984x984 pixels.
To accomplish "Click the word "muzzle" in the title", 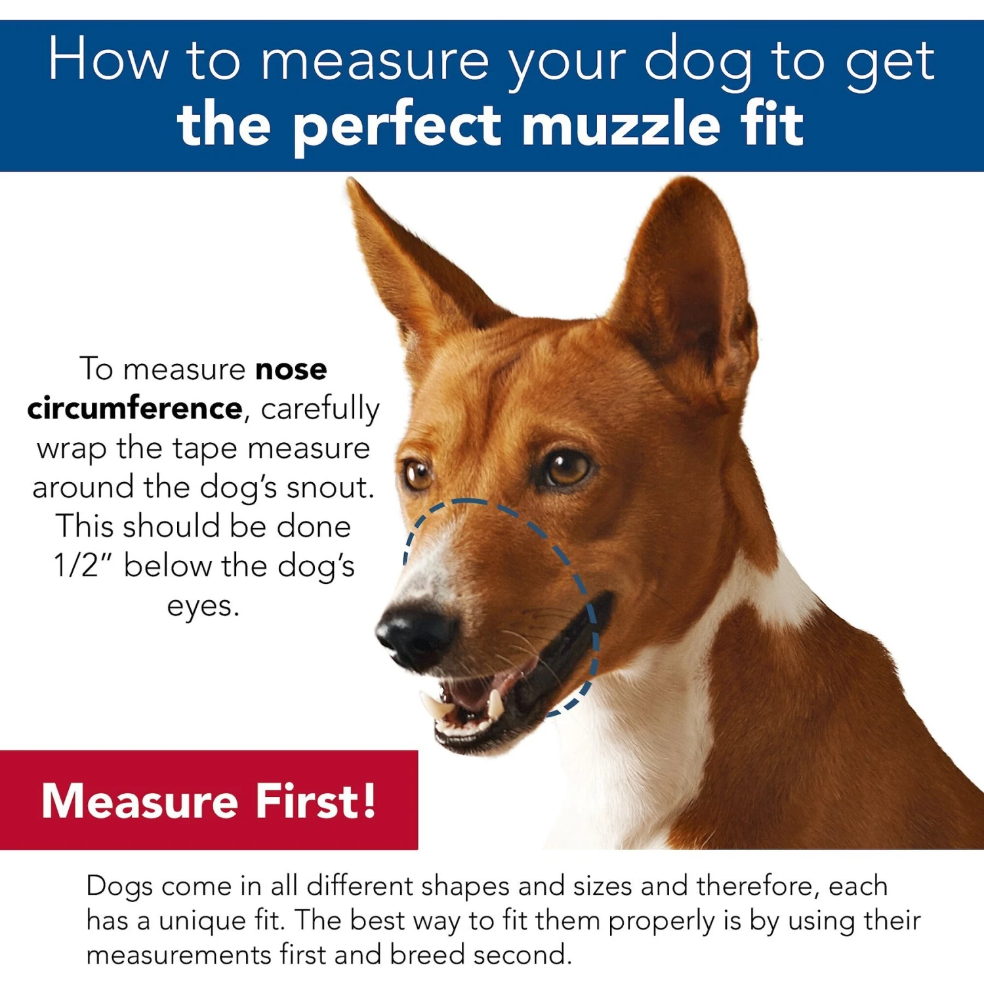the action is coord(620,125).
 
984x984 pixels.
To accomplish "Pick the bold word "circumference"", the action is coord(135,409).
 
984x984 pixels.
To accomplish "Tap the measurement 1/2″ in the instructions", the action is coord(83,565).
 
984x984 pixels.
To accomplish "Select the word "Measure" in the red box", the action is coord(139,801).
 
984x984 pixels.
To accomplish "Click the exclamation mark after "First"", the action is coord(369,800).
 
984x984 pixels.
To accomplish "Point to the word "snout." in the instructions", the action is coord(331,487).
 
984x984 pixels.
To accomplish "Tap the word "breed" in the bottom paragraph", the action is coord(427,954).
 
